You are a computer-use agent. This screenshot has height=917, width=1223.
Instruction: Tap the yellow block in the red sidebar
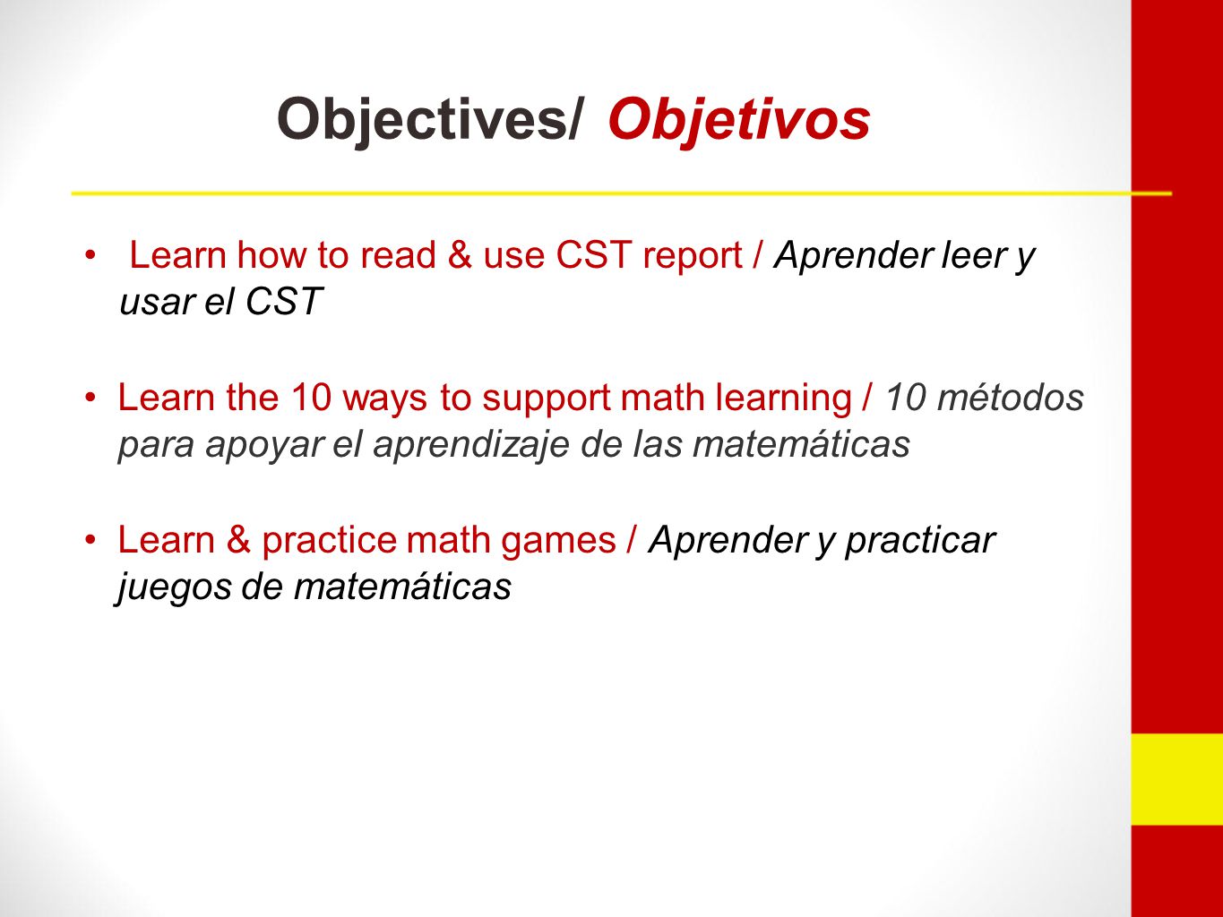1176,779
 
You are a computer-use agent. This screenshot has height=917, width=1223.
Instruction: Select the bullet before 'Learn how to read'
90,255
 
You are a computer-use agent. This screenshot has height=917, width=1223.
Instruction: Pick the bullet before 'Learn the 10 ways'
90,399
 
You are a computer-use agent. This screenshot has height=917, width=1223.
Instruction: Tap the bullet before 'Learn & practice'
90,540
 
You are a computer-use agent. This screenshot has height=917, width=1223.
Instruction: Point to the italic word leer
970,255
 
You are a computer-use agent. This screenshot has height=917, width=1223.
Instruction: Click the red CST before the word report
594,255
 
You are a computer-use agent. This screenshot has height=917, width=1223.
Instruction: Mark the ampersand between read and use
460,255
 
